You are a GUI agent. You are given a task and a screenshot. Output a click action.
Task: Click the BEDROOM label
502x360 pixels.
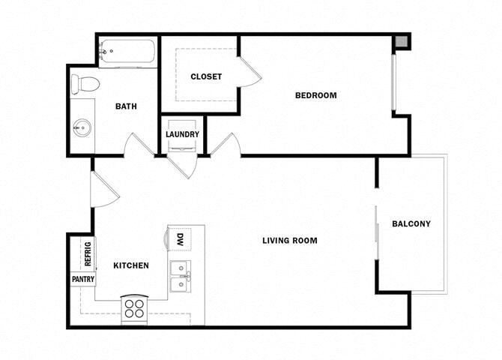(x=315, y=95)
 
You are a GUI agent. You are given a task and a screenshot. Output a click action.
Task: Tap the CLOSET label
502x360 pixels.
(x=205, y=76)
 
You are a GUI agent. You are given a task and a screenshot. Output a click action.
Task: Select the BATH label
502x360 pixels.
(x=126, y=106)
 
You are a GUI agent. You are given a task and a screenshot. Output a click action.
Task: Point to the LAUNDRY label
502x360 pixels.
(x=182, y=135)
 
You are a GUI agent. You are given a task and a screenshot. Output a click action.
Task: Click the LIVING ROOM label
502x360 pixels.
(x=289, y=241)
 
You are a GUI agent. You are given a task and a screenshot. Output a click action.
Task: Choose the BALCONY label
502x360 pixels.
(x=411, y=224)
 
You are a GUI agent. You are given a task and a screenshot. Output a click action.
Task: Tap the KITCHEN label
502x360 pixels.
(x=130, y=265)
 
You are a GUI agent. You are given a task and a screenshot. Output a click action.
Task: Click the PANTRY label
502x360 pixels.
(x=82, y=279)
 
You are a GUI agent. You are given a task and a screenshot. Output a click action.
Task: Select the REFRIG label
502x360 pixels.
(x=88, y=253)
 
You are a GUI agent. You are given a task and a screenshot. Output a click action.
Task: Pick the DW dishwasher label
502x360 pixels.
(x=180, y=240)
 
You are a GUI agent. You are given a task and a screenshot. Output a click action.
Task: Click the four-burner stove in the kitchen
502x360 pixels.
(x=135, y=309)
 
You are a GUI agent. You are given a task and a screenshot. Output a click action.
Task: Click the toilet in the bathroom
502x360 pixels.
(x=85, y=82)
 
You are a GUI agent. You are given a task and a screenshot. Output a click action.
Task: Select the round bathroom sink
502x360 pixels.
(x=82, y=128)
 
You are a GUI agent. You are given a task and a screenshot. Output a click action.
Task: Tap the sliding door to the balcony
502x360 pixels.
(x=376, y=232)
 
